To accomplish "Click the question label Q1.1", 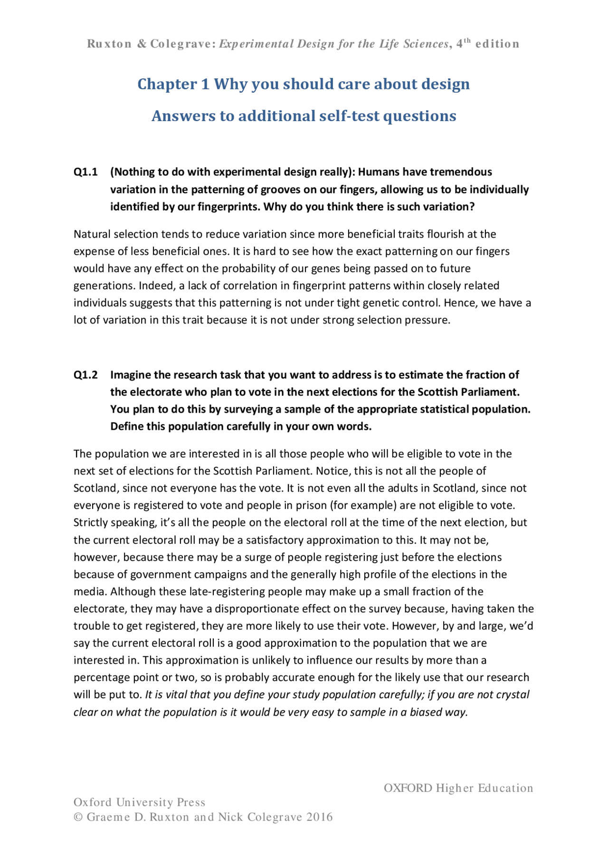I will coord(85,172).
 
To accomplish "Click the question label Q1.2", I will coord(85,375).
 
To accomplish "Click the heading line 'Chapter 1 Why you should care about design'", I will coord(304,84).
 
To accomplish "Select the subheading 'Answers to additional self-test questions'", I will coord(304,116).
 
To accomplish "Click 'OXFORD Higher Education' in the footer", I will coord(458,788).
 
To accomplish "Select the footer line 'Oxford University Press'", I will coord(139,803).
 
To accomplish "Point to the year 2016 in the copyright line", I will coord(319,817).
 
